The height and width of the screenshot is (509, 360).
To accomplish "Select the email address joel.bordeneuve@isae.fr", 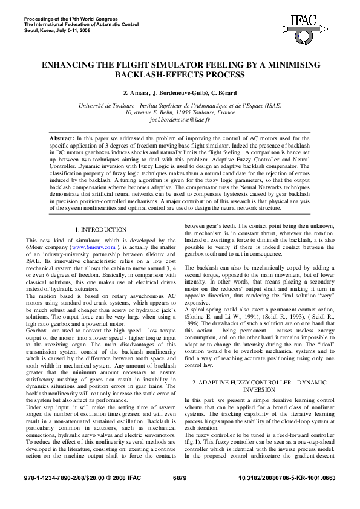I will click(180, 120).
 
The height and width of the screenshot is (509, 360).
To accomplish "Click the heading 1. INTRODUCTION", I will click(100, 230).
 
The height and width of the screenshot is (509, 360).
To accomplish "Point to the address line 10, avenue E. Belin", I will click(180, 112).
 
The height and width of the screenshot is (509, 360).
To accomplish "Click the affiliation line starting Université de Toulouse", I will click(180, 105).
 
